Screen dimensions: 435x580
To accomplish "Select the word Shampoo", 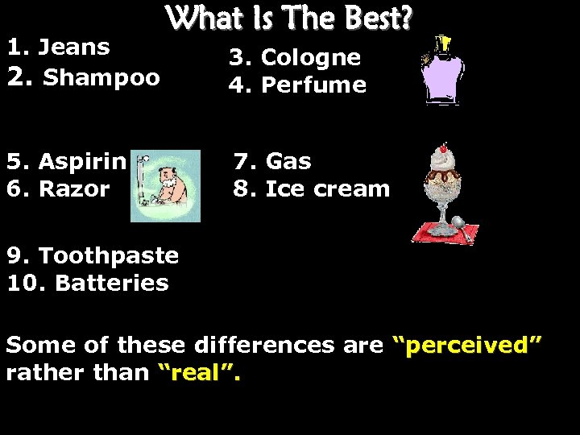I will tap(101, 78).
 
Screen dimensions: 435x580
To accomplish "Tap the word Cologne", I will tap(311, 58).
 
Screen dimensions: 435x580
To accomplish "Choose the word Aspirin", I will tap(82, 162).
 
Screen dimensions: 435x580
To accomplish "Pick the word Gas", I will tap(288, 162).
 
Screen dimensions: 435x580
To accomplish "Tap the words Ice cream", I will tap(327, 189).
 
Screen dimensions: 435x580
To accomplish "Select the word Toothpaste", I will tap(109, 256).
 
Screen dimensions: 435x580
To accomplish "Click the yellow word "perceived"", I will tap(466, 346).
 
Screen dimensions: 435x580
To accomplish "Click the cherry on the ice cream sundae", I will tap(443, 148).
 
